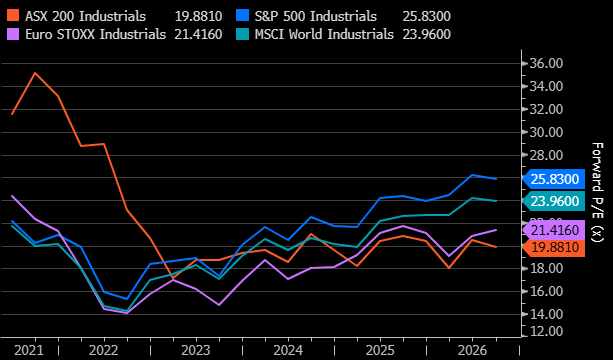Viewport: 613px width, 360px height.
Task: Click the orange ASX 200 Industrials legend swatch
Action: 13,16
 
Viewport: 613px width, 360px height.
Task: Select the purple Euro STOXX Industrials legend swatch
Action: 13,34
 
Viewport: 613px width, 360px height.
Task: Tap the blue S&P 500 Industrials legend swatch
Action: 242,16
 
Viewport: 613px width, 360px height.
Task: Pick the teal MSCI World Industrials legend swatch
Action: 242,34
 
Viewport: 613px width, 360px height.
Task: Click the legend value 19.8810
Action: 199,16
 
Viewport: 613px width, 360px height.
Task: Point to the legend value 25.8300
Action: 427,16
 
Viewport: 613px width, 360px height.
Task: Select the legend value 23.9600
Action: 427,34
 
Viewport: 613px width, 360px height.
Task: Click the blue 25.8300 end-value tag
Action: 554,179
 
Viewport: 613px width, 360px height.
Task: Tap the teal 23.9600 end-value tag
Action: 554,201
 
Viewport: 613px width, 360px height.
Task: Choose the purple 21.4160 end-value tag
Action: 554,230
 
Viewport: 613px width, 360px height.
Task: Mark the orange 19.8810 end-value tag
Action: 554,247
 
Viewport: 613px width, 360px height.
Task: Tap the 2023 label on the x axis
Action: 196,350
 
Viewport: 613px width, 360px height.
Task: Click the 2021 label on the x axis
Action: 29,350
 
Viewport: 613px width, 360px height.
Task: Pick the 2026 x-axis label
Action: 472,350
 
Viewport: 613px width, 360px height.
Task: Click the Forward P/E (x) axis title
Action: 597,192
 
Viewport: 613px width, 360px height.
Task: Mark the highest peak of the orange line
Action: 35,73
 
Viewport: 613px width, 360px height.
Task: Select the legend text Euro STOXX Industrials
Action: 96,34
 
